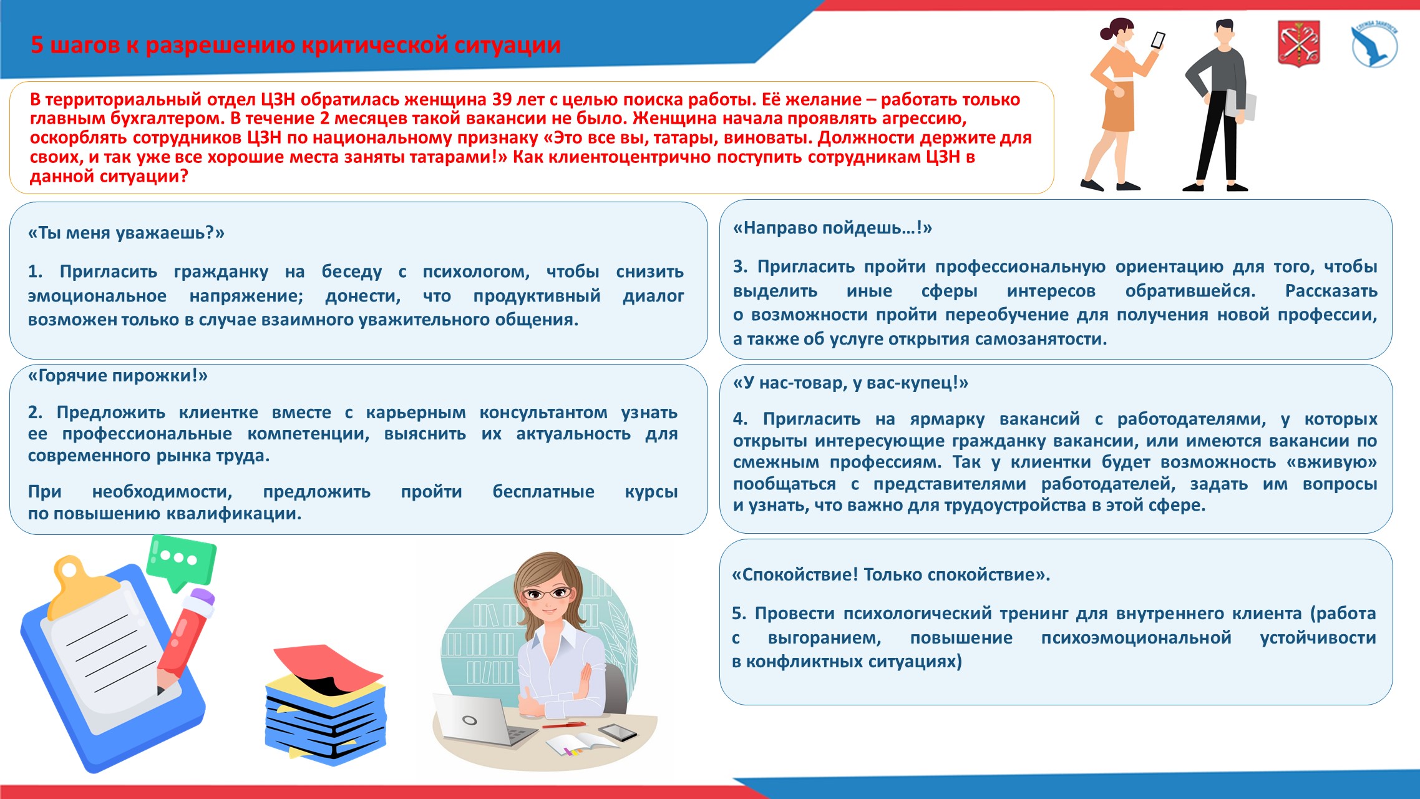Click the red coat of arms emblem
[1298, 42]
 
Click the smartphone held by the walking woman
[1157, 41]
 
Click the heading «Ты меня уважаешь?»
[126, 233]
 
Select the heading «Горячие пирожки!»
[118, 376]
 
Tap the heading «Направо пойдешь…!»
[832, 228]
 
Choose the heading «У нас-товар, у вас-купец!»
[850, 383]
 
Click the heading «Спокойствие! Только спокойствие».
[890, 574]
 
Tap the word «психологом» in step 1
[475, 272]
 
